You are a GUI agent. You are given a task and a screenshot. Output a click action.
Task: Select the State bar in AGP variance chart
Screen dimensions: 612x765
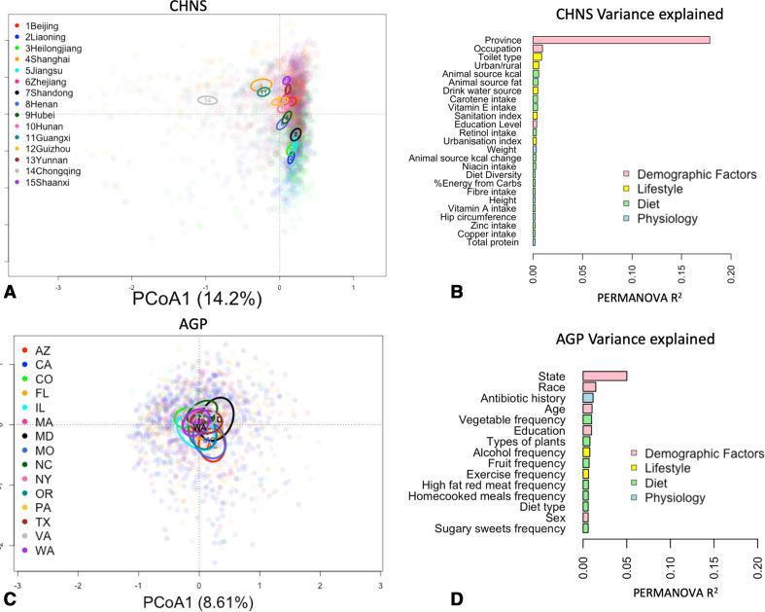(x=604, y=376)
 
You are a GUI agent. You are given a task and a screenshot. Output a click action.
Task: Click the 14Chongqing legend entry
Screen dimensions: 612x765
(x=50, y=170)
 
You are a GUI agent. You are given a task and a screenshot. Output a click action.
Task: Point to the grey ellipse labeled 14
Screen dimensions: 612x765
(x=207, y=100)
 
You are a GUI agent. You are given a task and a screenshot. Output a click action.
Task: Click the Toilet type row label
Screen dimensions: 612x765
(x=504, y=57)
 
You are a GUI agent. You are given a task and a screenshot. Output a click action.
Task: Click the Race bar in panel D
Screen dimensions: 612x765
(x=589, y=387)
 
